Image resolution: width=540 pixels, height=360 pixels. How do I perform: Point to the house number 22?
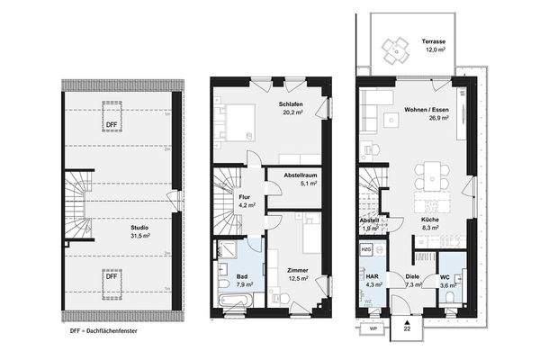(x=407, y=329)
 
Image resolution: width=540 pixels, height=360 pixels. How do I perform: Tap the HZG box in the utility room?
(x=366, y=248)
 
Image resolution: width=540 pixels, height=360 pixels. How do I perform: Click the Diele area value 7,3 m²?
(x=413, y=284)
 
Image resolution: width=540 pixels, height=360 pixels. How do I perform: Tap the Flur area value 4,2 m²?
(x=245, y=205)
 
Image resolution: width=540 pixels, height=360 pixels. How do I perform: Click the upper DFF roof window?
(x=112, y=124)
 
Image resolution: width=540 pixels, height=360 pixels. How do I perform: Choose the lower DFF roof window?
(x=112, y=276)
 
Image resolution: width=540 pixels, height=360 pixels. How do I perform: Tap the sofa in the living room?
(x=375, y=112)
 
